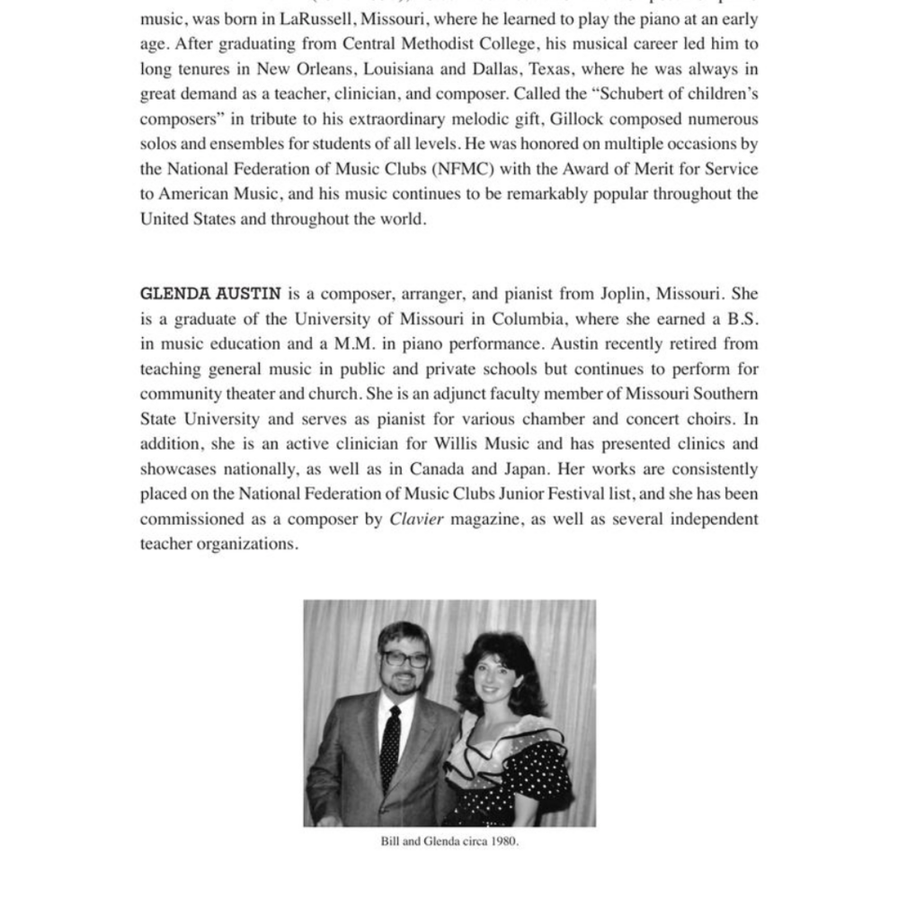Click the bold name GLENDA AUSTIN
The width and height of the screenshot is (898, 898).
point(210,293)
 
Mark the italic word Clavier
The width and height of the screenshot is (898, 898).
point(416,519)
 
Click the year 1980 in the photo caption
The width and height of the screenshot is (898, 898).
point(503,841)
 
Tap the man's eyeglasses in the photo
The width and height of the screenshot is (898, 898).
point(405,659)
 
